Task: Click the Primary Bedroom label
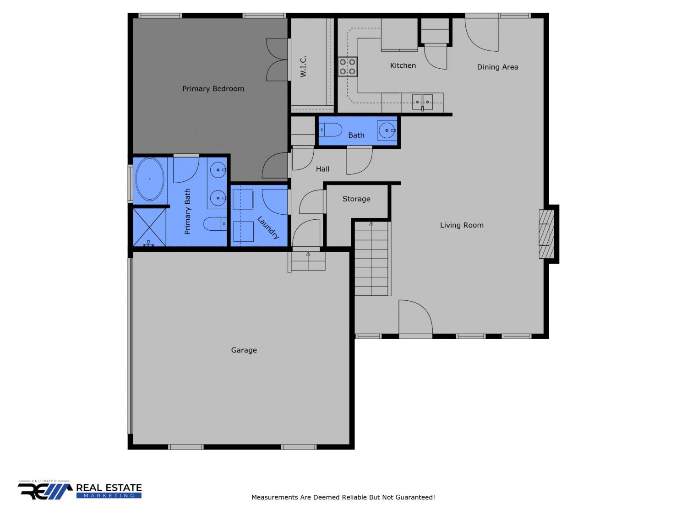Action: coord(213,89)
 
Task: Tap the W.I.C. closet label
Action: coord(303,66)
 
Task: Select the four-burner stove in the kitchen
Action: coord(348,66)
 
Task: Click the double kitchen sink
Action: coord(422,102)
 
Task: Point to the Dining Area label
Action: coord(497,67)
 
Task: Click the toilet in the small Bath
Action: coord(330,130)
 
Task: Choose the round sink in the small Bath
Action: coord(387,130)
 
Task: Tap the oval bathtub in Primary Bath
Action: coord(150,179)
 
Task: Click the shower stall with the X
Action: coord(150,228)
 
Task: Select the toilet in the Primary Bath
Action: coord(215,223)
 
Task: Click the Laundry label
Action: coord(268,228)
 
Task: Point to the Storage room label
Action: coord(356,199)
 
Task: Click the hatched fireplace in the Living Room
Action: coord(546,234)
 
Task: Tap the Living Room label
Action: coord(462,225)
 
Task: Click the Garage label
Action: coord(244,350)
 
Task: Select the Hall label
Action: coord(322,169)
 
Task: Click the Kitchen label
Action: coord(403,65)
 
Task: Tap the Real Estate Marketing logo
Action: coord(80,490)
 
